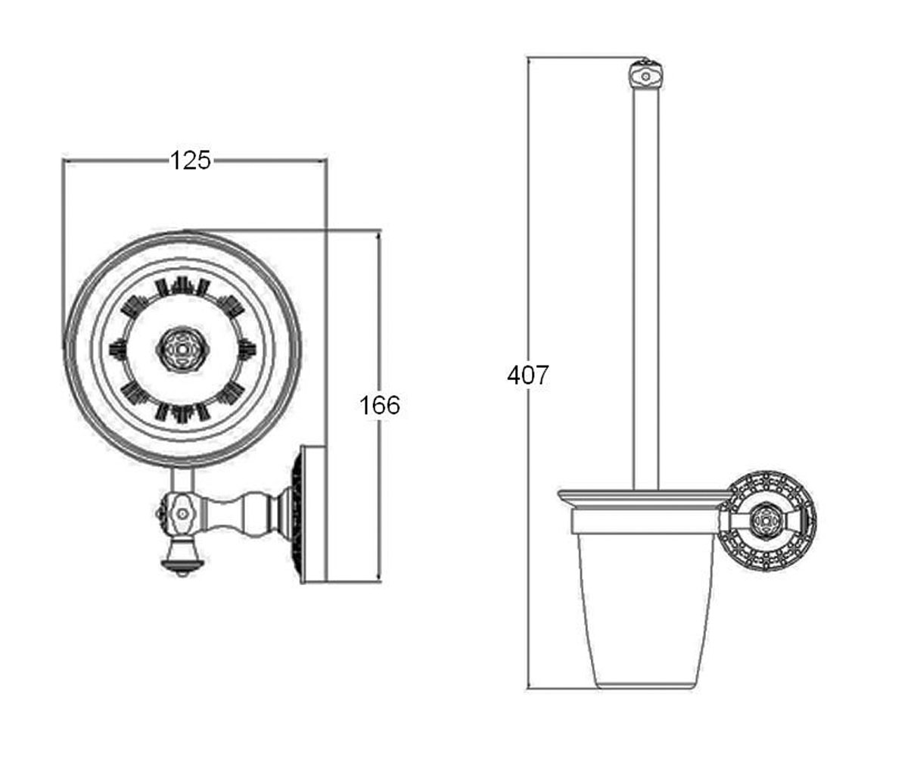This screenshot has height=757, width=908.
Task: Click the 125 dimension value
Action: [190, 160]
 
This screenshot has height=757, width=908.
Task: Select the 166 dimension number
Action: [380, 406]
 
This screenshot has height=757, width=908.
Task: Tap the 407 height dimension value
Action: [528, 375]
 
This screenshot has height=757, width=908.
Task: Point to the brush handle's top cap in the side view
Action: [645, 77]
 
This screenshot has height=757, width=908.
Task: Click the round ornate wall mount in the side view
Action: [767, 521]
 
